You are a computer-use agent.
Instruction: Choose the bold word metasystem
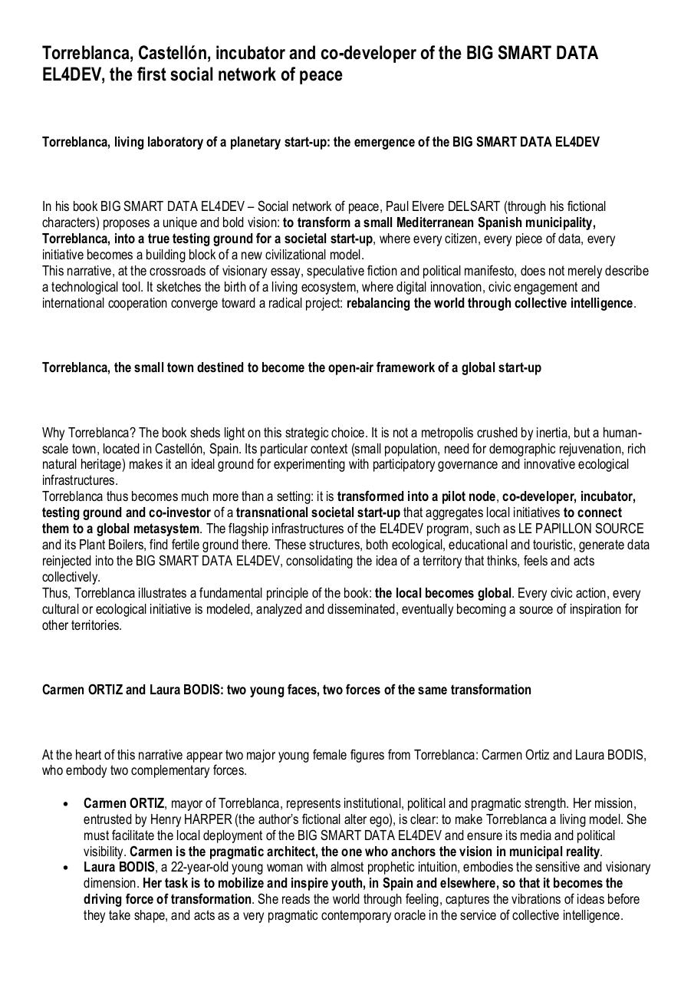tap(166, 529)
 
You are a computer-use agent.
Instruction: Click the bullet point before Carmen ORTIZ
tap(67, 804)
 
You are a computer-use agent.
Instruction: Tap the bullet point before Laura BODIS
tap(67, 868)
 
